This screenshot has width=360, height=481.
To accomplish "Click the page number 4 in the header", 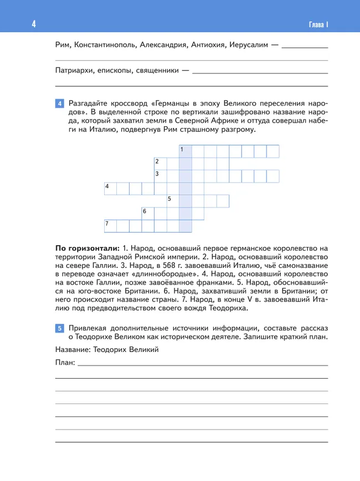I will point(34,24).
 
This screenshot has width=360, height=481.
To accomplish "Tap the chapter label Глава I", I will point(318,24).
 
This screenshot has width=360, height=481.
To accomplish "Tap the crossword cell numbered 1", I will point(185,151).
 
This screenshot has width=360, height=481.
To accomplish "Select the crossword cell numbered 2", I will point(160,163).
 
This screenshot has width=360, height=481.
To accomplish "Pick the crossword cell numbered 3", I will point(160,176).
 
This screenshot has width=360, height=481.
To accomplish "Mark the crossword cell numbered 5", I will point(173,200).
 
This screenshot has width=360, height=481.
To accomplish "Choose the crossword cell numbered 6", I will point(147,213).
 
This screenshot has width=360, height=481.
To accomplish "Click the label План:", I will point(65,363).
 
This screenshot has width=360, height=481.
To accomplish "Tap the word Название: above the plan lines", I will point(73,350).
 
